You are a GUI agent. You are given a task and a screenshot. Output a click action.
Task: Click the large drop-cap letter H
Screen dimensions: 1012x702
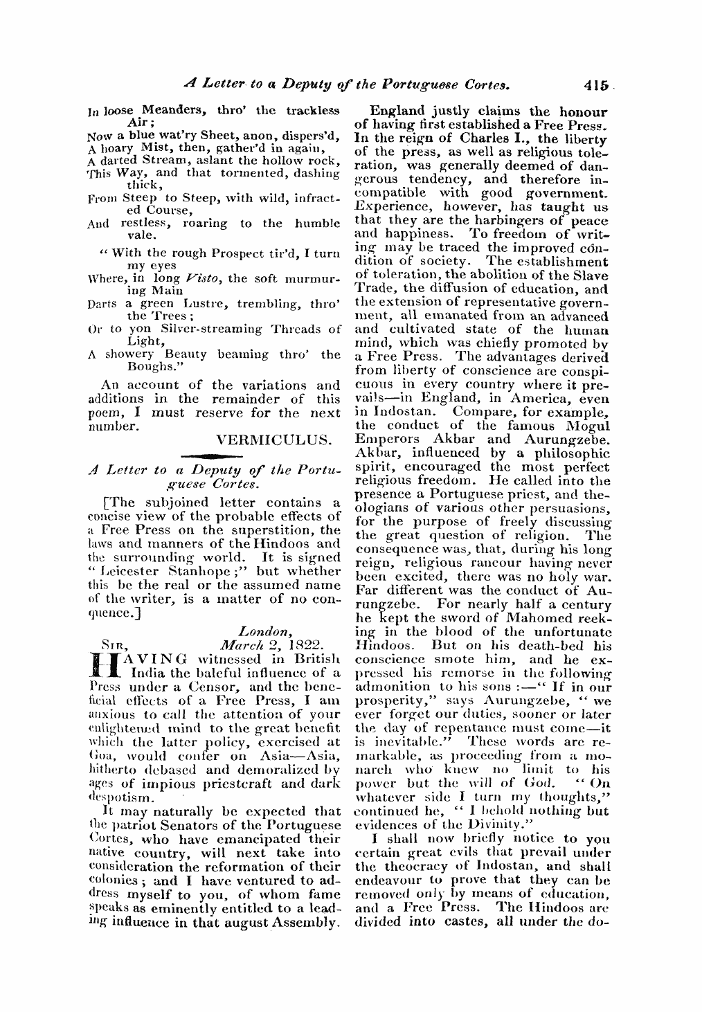102,664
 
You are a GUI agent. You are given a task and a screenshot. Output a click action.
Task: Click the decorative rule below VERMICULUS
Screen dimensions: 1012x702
215,454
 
